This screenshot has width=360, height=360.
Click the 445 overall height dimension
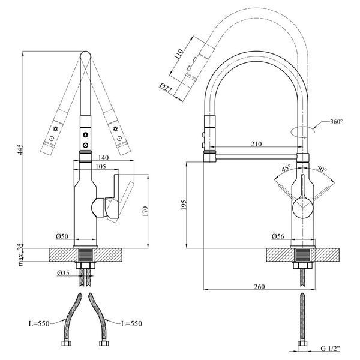pyautogui.click(x=20, y=149)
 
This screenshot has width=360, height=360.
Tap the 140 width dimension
pyautogui.click(x=103, y=157)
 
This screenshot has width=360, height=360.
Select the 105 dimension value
pyautogui.click(x=101, y=166)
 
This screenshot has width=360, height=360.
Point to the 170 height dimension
pyautogui.click(x=145, y=211)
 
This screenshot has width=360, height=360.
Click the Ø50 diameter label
pyautogui.click(x=62, y=236)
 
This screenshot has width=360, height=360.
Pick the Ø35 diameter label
pyautogui.click(x=63, y=273)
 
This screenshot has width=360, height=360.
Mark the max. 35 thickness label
pyautogui.click(x=20, y=255)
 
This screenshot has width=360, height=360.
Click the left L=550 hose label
pyautogui.click(x=39, y=324)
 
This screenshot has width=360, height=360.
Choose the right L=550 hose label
pyautogui.click(x=131, y=324)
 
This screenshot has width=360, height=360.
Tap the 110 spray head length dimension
pyautogui.click(x=179, y=54)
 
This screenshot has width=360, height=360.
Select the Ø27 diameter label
pyautogui.click(x=166, y=88)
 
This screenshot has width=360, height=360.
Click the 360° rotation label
pyautogui.click(x=337, y=121)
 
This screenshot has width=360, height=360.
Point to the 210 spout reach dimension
pyautogui.click(x=256, y=144)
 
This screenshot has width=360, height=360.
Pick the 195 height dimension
pyautogui.click(x=184, y=205)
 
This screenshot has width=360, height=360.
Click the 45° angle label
pyautogui.click(x=286, y=168)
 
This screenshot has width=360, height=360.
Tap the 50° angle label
pyautogui.click(x=322, y=169)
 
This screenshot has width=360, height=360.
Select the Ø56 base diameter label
pyautogui.click(x=278, y=236)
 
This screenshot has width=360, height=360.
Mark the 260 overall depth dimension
pyautogui.click(x=259, y=287)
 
